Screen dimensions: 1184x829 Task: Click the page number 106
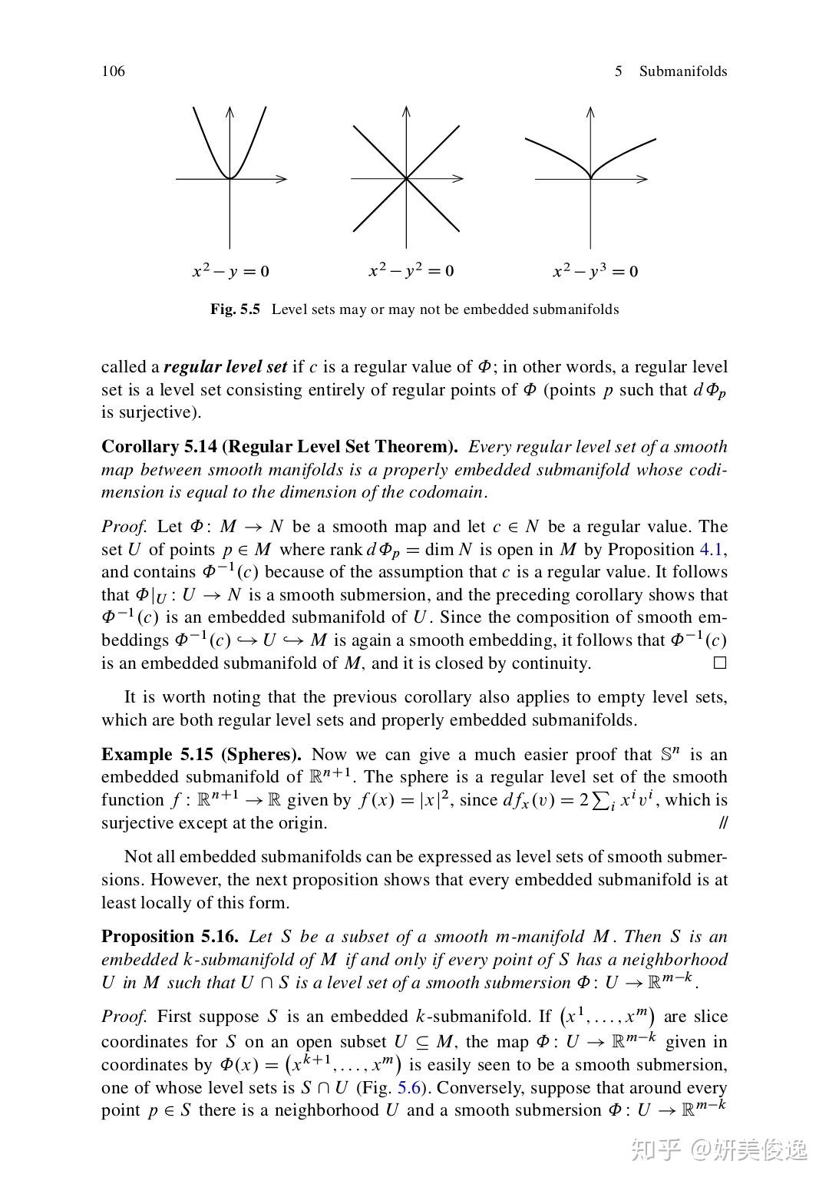point(113,71)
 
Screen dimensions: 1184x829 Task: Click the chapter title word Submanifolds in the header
point(682,71)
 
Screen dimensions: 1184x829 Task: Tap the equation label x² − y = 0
point(230,271)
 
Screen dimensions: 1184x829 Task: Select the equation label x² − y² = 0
point(411,270)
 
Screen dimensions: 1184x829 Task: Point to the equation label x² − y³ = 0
point(595,271)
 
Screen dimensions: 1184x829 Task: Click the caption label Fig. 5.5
point(235,309)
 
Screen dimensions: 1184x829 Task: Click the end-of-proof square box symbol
point(719,663)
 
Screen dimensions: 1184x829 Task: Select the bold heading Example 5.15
point(157,755)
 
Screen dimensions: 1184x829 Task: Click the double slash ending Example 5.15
point(722,823)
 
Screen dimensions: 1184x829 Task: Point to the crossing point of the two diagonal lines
point(406,179)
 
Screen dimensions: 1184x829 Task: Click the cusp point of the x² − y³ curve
point(590,178)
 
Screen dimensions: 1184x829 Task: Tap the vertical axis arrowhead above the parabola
point(230,111)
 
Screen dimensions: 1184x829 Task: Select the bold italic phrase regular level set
point(225,367)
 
